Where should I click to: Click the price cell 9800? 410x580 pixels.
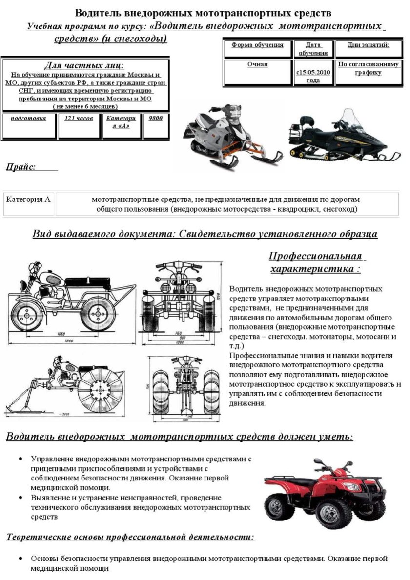click(155, 119)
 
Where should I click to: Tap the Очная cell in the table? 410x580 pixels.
click(257, 64)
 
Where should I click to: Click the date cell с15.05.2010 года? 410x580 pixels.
click(313, 76)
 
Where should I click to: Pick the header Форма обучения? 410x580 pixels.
click(257, 45)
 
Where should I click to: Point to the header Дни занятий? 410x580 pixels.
click(368, 45)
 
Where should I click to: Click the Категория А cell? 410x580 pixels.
click(28, 199)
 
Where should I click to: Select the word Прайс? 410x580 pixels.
click(21, 167)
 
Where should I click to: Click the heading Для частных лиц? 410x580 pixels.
click(84, 65)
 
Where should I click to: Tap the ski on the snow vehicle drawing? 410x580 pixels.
click(24, 402)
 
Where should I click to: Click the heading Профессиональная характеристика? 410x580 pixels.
click(315, 262)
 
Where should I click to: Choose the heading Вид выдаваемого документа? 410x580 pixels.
click(205, 234)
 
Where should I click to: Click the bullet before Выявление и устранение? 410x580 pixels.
click(20, 498)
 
